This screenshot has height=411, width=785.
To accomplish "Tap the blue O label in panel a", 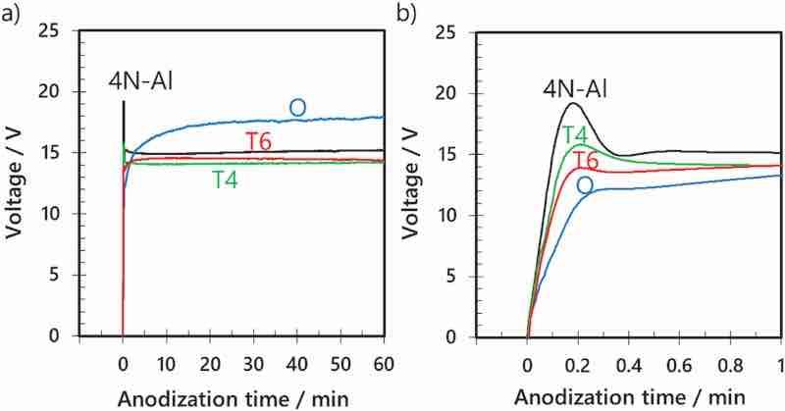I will [296, 107].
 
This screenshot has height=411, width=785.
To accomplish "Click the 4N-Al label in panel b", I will [576, 90].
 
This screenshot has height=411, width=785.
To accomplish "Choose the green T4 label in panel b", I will [576, 134].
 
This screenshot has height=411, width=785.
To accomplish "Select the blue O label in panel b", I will [585, 185].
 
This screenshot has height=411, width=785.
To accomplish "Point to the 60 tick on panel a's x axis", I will [383, 364].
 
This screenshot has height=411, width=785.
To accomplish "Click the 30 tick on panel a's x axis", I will [252, 364].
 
